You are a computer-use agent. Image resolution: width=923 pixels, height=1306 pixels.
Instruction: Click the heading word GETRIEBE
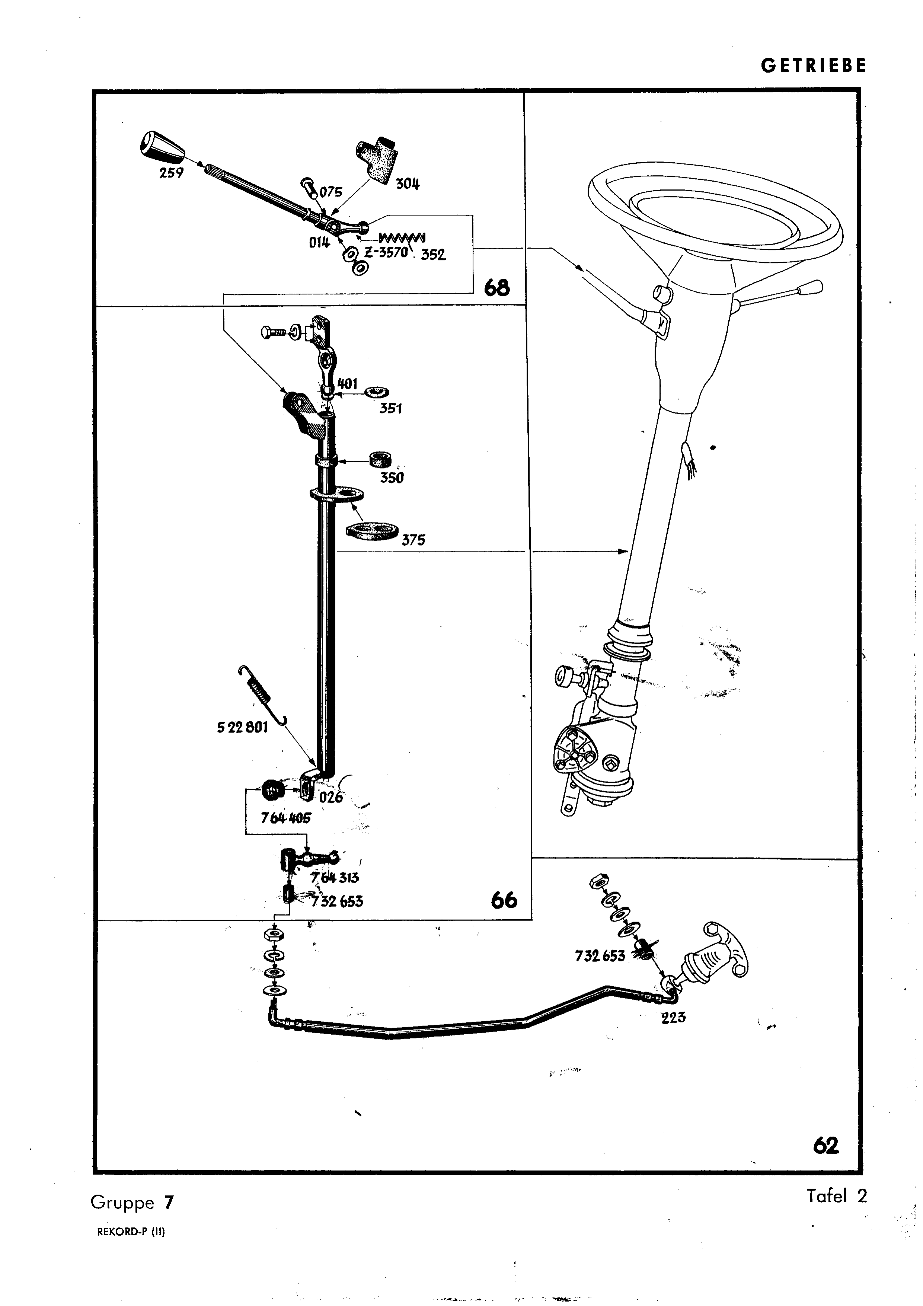(813, 66)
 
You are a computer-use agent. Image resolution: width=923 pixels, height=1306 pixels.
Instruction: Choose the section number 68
(496, 288)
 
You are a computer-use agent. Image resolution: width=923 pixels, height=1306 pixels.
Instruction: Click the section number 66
(504, 900)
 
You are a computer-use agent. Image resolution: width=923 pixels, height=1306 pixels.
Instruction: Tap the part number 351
(391, 408)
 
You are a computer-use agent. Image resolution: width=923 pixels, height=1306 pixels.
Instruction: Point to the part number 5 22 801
(242, 728)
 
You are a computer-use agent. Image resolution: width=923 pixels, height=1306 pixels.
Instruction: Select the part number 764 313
(334, 877)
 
